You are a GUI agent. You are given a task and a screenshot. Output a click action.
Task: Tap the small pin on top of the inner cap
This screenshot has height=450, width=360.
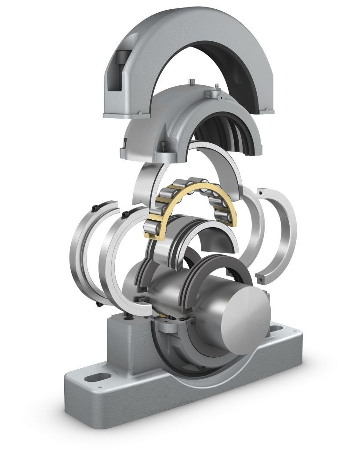point(192,81)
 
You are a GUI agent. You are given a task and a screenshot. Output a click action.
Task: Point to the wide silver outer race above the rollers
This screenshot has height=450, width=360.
point(220,158)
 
